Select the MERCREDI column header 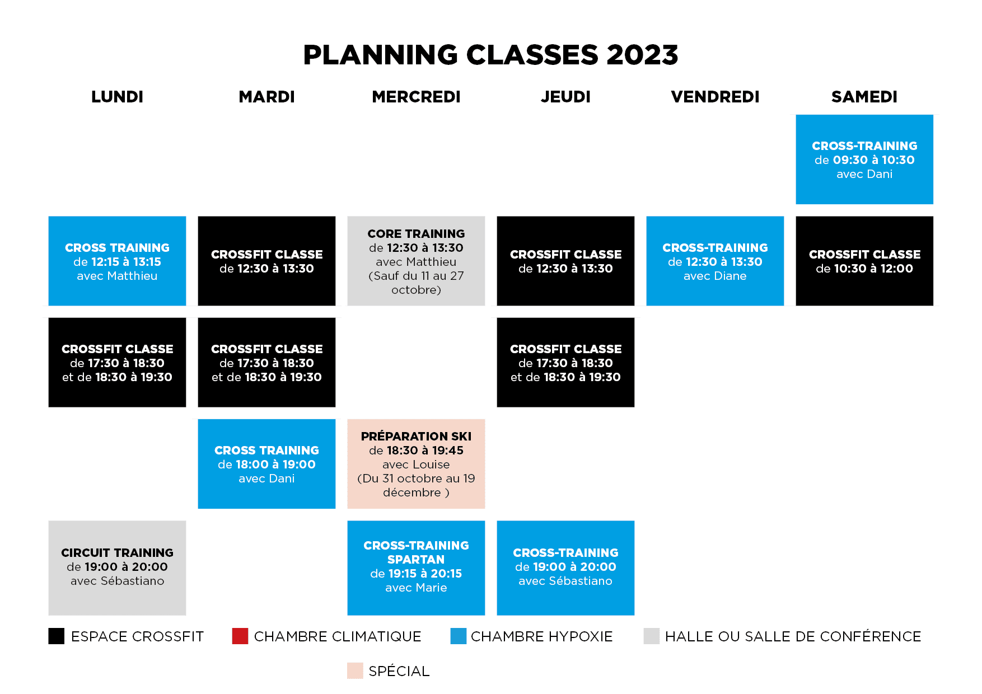pyautogui.click(x=416, y=97)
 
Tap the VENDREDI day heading pyautogui.click(x=715, y=97)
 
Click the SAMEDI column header pyautogui.click(x=864, y=97)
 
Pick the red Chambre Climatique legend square pyautogui.click(x=240, y=636)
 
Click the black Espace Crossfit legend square pyautogui.click(x=57, y=636)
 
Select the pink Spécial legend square pyautogui.click(x=355, y=670)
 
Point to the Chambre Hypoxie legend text pyautogui.click(x=541, y=636)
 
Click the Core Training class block pyautogui.click(x=416, y=261)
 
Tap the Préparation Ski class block pyautogui.click(x=416, y=464)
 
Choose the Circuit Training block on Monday pyautogui.click(x=117, y=568)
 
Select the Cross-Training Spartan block pyautogui.click(x=416, y=568)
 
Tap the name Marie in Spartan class pyautogui.click(x=431, y=588)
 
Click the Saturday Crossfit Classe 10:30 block pyautogui.click(x=864, y=261)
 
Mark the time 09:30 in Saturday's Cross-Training pyautogui.click(x=850, y=160)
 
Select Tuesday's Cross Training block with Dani pyautogui.click(x=266, y=464)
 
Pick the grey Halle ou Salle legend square pyautogui.click(x=652, y=636)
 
